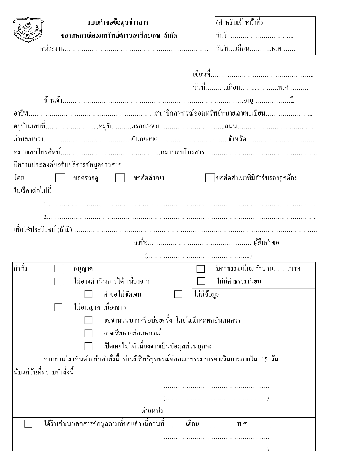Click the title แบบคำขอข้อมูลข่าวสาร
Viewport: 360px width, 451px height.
(x=118, y=23)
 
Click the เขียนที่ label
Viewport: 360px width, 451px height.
(x=201, y=75)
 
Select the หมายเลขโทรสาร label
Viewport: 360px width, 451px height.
(x=183, y=152)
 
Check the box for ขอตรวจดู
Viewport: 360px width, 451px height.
(x=60, y=179)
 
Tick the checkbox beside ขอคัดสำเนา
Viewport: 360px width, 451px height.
(x=120, y=179)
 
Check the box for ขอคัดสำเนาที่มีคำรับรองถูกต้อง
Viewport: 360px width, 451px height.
(x=210, y=178)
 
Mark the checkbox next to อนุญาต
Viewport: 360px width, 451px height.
(x=58, y=269)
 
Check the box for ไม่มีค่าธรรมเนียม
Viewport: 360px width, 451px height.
(x=201, y=281)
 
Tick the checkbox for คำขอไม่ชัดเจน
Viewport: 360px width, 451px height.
(x=88, y=295)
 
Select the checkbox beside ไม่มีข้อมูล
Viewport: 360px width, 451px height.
(x=178, y=295)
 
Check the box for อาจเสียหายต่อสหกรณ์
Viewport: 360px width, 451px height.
(x=88, y=333)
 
